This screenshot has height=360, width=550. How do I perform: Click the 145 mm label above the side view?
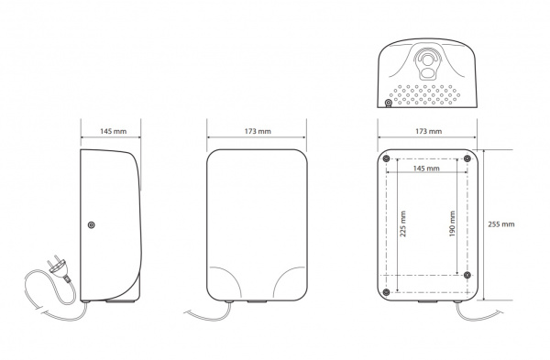pos(114,132)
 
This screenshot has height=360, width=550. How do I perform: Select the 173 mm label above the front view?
pos(258,132)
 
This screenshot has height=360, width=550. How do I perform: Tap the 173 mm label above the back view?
pos(429,132)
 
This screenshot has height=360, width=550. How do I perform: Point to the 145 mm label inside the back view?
pos(426,169)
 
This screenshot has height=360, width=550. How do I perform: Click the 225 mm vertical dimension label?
pos(403,224)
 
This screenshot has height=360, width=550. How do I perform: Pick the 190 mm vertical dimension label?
pos(452,224)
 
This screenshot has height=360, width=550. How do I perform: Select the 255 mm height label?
pos(501,224)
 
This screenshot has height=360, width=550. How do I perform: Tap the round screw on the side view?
pos(91,224)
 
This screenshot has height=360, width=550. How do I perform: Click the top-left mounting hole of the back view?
pos(386,158)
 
